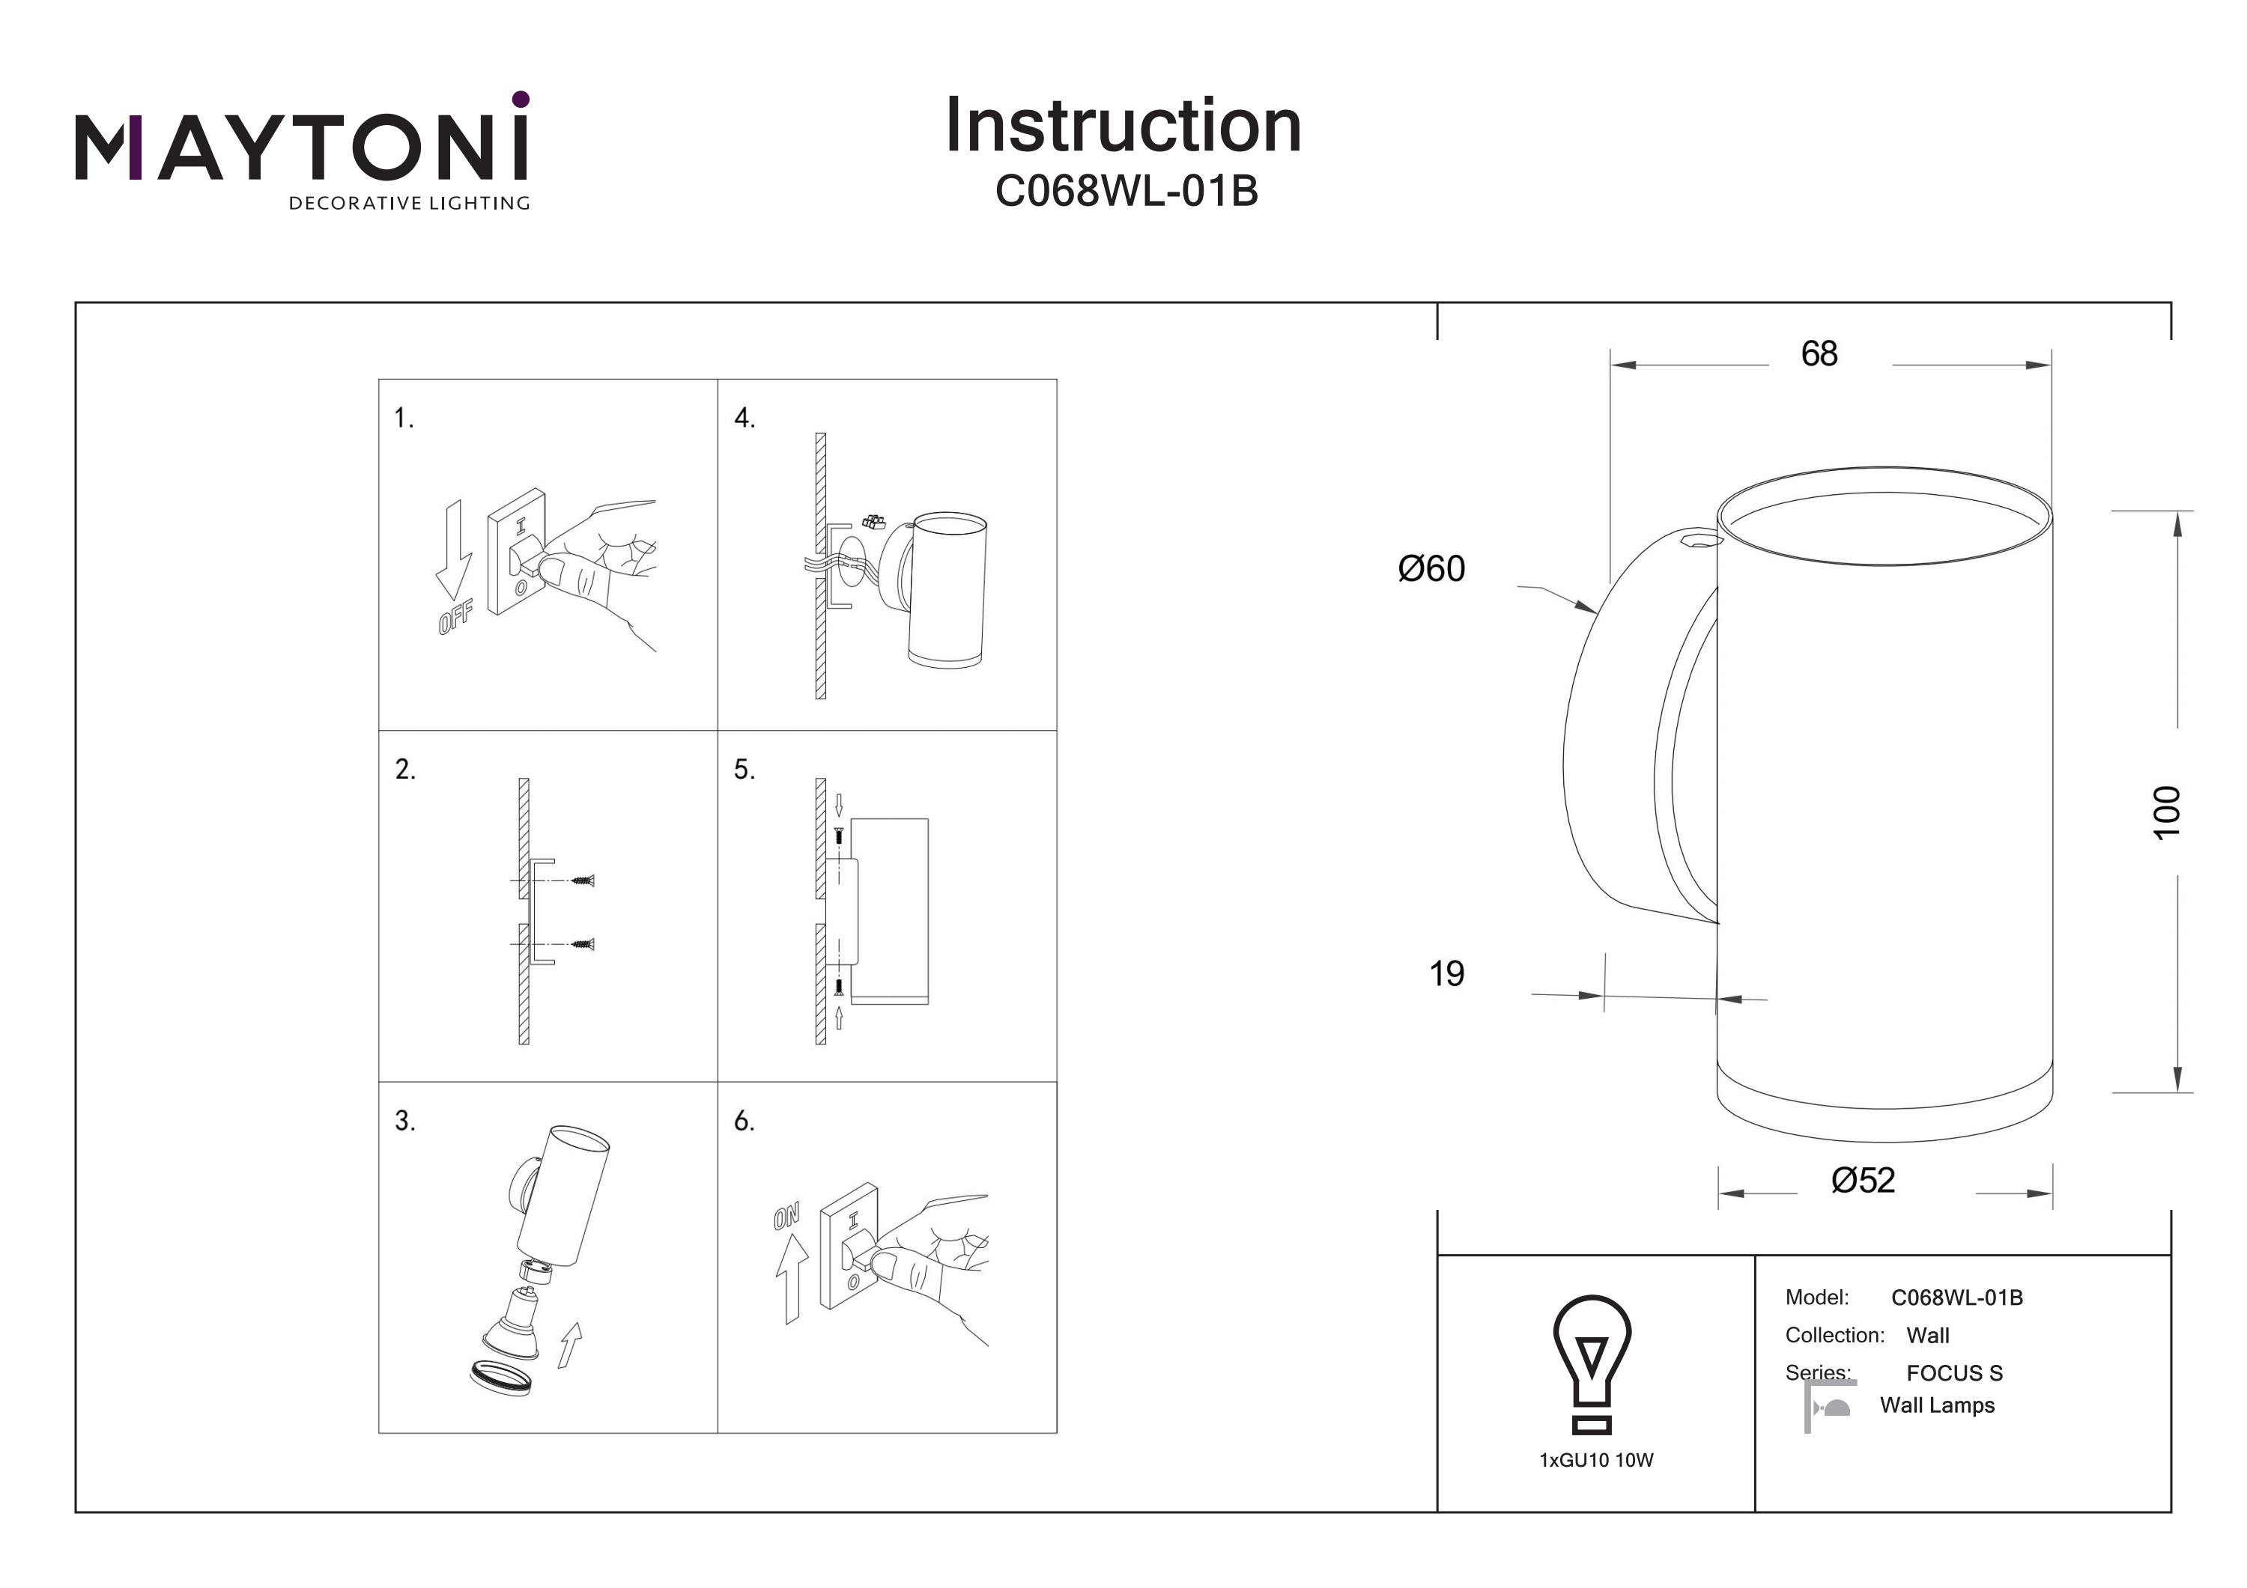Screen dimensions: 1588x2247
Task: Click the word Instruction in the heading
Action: [x=1123, y=127]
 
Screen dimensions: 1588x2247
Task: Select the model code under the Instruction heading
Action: [x=1126, y=192]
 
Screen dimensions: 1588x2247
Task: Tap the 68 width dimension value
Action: [x=1819, y=354]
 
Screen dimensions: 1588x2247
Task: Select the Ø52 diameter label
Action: [x=1862, y=1181]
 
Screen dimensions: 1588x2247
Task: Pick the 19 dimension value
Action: [x=1446, y=973]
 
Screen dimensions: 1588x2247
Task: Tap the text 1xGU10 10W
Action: [x=1595, y=1461]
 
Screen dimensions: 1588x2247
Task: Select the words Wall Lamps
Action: [x=1937, y=1406]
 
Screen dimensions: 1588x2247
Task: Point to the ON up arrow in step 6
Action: [x=791, y=1278]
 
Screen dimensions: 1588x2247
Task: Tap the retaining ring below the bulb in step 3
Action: [x=500, y=1377]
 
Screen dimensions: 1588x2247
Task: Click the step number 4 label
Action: [x=745, y=419]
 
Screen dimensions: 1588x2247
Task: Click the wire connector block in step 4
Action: [x=871, y=522]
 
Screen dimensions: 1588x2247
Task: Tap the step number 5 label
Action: [x=745, y=770]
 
